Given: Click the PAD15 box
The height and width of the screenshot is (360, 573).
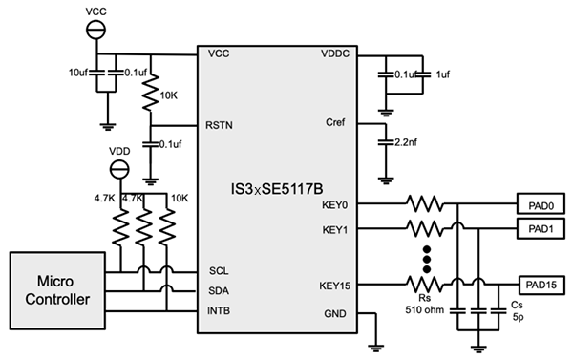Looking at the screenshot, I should point(540,284).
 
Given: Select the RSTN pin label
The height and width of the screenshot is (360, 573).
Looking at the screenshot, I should point(221,125).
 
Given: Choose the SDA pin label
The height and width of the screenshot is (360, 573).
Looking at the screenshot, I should point(218,290).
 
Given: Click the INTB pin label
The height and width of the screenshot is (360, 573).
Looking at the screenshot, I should point(219,310).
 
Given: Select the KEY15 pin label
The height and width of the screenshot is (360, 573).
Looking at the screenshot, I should point(332,285).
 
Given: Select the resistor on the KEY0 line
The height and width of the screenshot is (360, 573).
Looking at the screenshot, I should point(423,204).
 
